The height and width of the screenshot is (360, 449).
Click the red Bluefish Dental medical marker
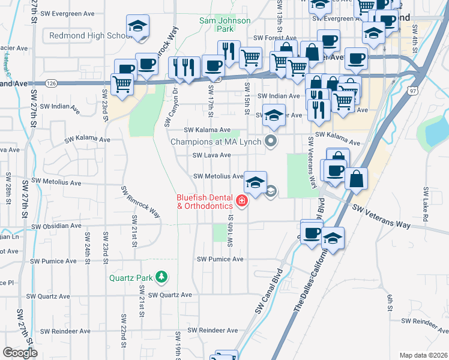tap(242, 200)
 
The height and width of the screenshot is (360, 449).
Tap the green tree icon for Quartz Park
tap(160, 277)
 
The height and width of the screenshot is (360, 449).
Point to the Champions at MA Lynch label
tap(215, 142)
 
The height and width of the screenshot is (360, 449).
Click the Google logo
tap(20, 353)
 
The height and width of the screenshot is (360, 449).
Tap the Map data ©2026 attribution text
tap(423, 355)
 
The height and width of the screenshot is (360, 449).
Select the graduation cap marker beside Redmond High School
tap(138, 27)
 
